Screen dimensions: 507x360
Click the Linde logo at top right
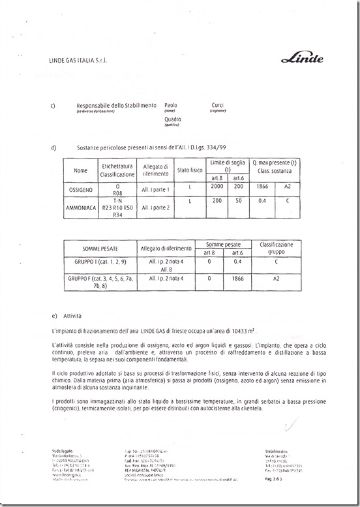coord(302,59)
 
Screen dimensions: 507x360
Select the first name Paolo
coord(171,104)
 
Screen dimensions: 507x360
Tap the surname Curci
coord(218,104)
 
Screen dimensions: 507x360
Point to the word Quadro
coord(173,119)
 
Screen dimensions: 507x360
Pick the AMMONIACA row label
coord(80,207)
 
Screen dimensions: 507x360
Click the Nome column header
coord(80,170)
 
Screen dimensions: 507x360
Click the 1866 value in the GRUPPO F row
coord(238,278)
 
